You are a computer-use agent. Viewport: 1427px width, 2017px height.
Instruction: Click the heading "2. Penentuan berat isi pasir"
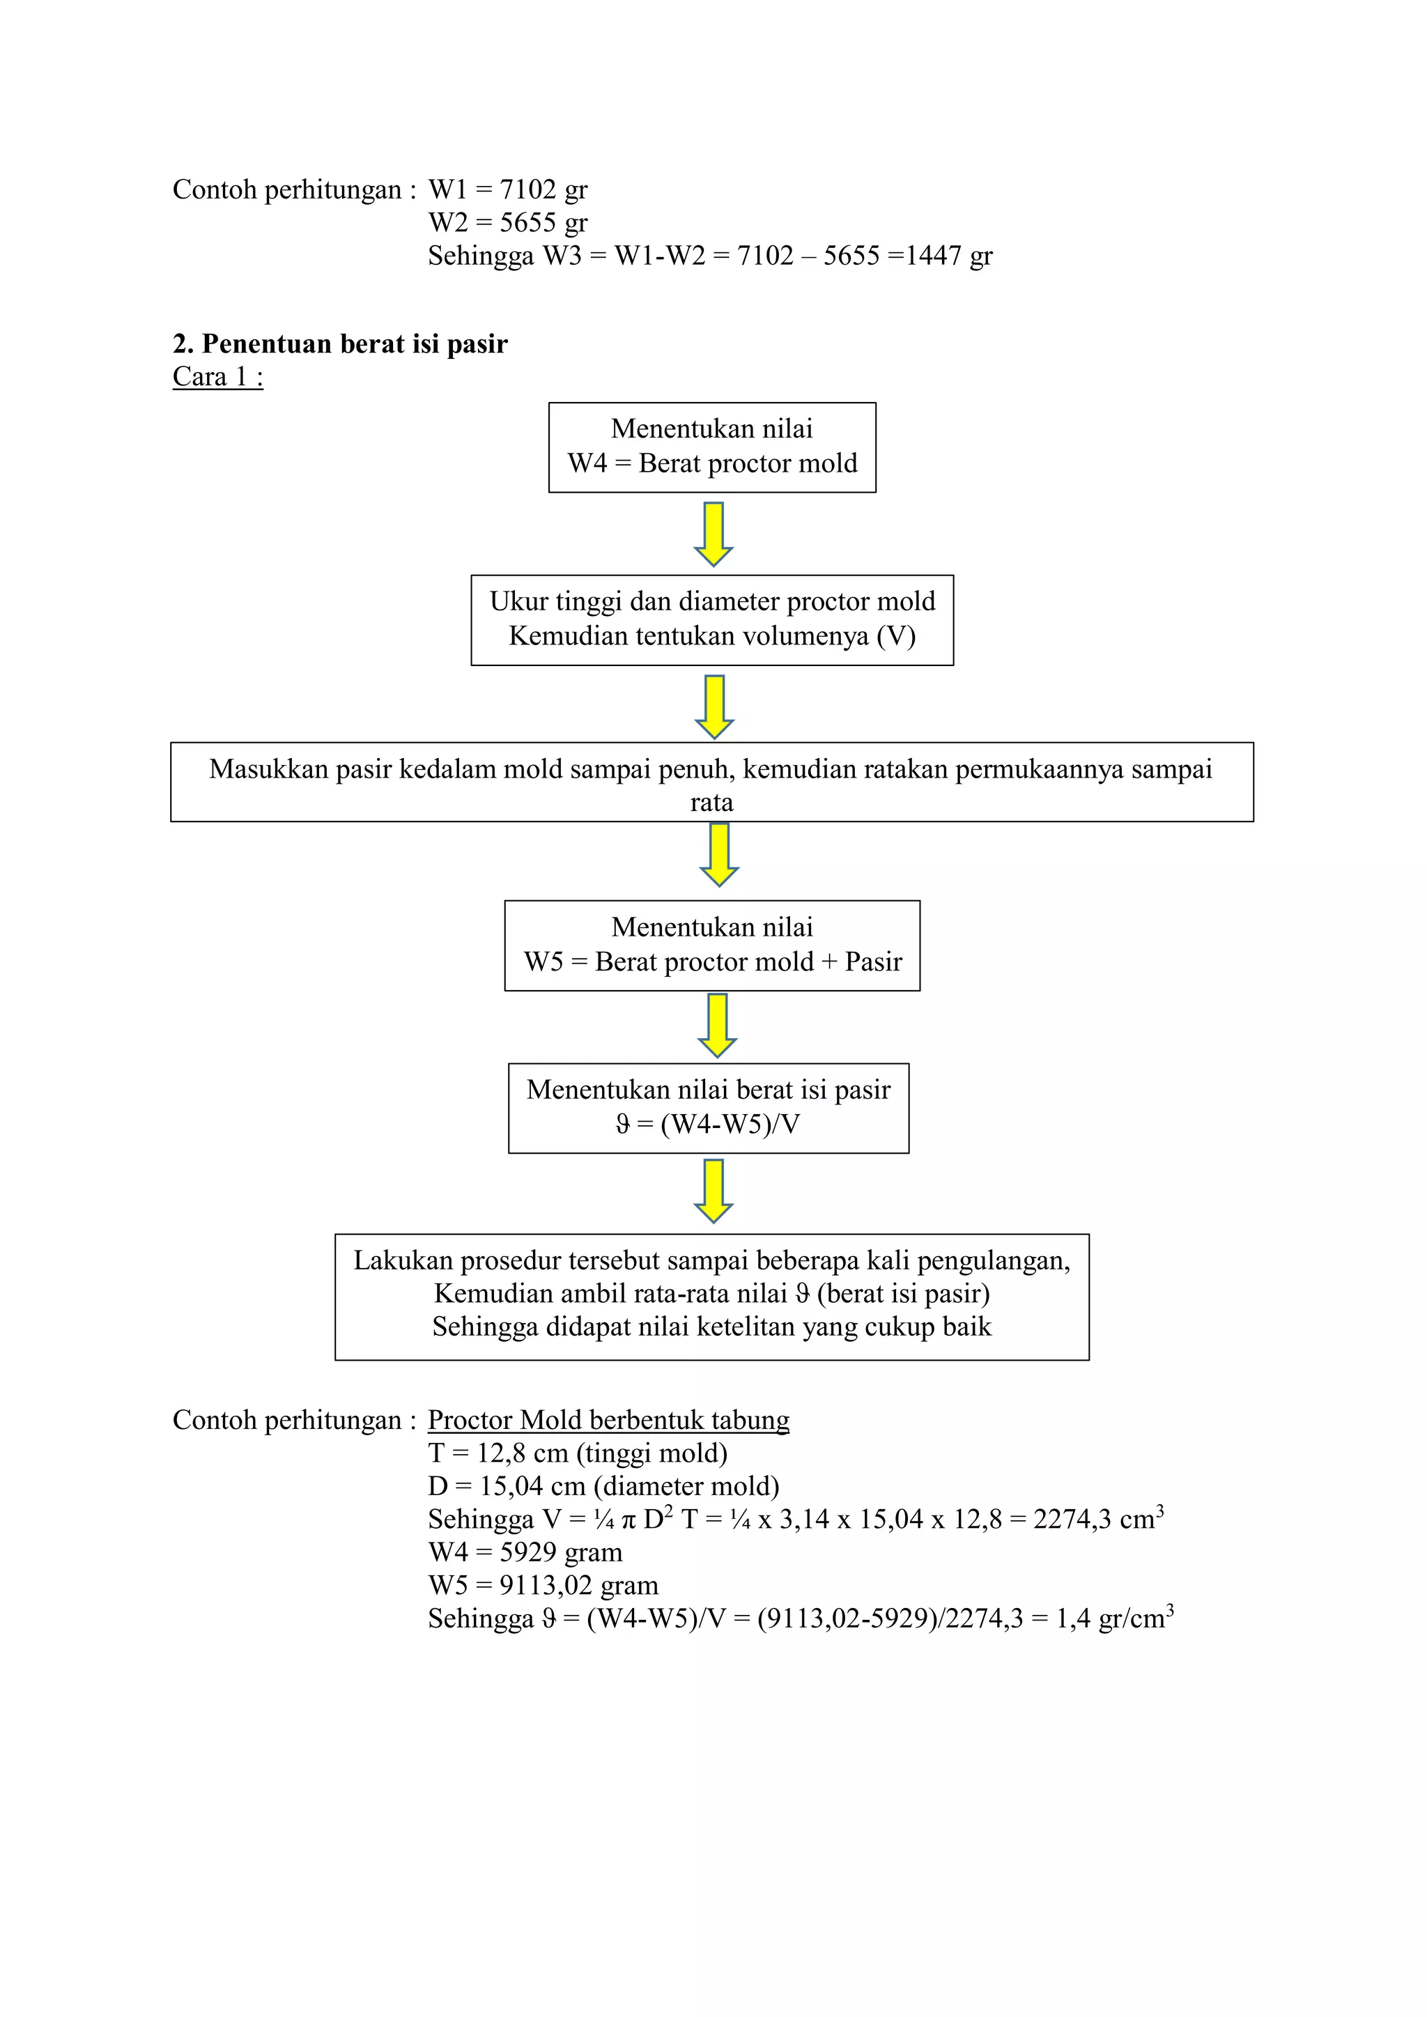pyautogui.click(x=340, y=343)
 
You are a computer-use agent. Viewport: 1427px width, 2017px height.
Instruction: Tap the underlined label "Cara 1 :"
pyautogui.click(x=218, y=377)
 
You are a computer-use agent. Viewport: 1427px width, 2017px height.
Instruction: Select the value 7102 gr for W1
pyautogui.click(x=544, y=190)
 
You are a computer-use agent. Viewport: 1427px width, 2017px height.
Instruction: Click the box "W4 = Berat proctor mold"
pyautogui.click(x=713, y=447)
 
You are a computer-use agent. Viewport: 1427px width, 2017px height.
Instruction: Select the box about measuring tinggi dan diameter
pyautogui.click(x=713, y=620)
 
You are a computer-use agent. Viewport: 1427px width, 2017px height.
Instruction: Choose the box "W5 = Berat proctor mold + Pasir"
pyautogui.click(x=713, y=945)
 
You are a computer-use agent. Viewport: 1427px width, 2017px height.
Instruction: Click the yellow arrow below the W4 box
pyautogui.click(x=713, y=534)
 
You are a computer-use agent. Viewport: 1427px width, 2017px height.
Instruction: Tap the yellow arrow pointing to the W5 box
pyautogui.click(x=720, y=855)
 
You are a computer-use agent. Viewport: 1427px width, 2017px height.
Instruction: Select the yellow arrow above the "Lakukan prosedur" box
pyautogui.click(x=713, y=1191)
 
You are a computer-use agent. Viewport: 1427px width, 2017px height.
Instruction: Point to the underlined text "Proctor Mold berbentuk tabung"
pyautogui.click(x=609, y=1421)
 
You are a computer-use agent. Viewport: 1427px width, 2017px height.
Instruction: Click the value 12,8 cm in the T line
pyautogui.click(x=523, y=1454)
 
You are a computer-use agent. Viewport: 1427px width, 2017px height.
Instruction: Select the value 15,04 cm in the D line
pyautogui.click(x=532, y=1486)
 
